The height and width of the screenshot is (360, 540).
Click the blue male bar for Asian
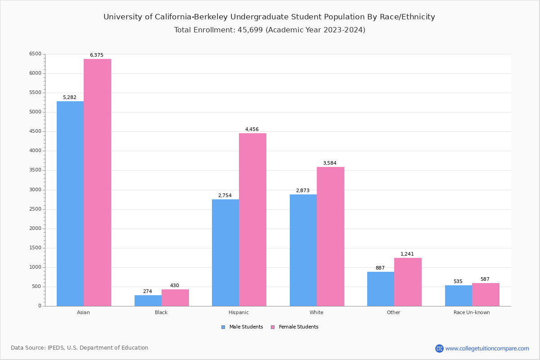70,203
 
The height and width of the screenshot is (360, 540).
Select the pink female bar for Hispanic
252,220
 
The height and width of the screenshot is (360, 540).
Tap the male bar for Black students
148,301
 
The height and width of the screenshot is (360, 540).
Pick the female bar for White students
330,236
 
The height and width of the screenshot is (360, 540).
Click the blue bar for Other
381,289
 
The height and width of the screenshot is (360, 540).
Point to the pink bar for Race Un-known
486,294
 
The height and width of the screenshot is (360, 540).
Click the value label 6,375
97,55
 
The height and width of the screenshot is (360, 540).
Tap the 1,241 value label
407,254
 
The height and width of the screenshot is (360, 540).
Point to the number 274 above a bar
148,291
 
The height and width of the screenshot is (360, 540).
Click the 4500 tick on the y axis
35,131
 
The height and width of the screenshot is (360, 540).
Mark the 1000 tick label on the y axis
35,267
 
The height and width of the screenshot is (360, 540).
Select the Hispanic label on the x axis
238,312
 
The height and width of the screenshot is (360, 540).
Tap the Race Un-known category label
472,312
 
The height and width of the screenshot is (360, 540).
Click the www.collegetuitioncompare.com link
487,348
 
